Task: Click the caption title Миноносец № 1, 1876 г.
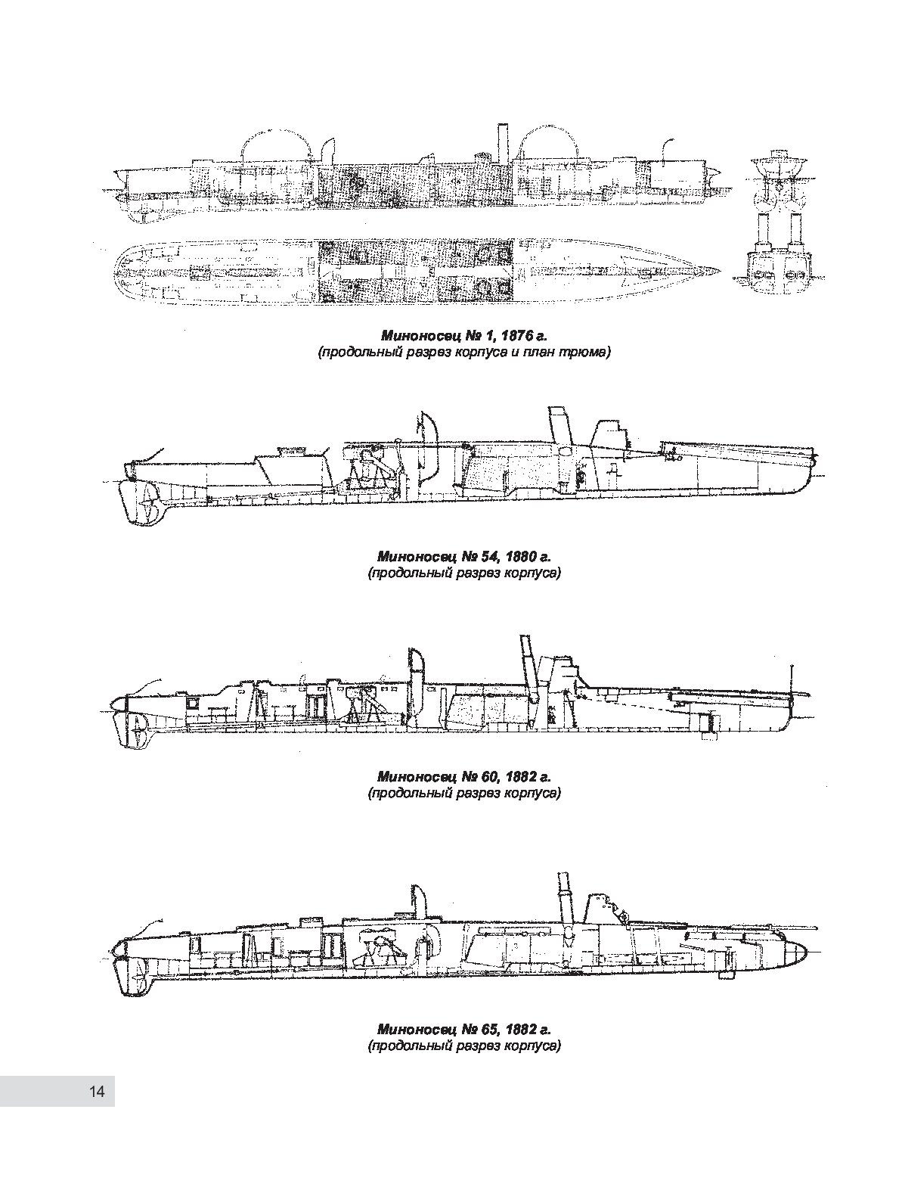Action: (x=464, y=336)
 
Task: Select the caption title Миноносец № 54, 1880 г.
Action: (x=464, y=557)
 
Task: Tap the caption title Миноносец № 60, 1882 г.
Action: (x=464, y=777)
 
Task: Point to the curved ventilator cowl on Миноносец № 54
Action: (x=426, y=438)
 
